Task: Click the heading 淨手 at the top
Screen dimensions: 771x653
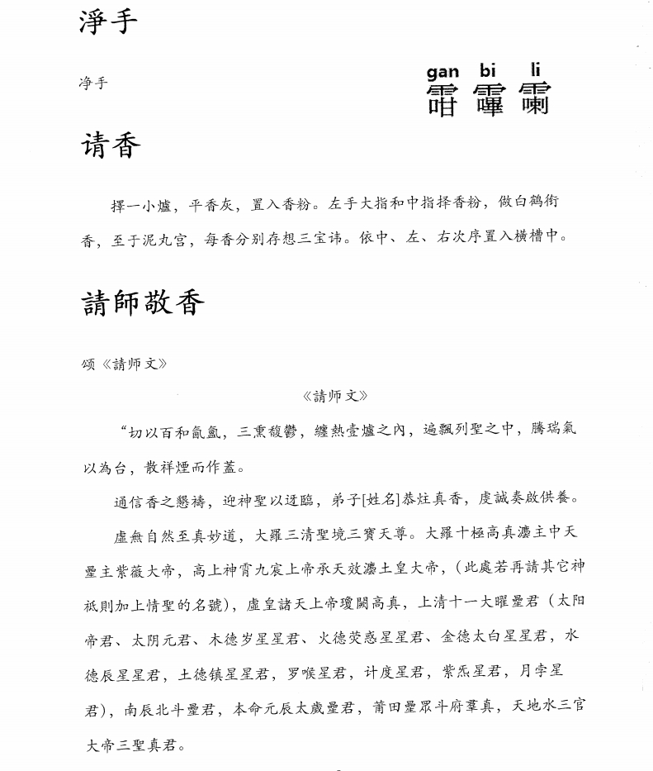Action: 107,22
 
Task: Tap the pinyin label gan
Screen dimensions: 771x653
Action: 442,73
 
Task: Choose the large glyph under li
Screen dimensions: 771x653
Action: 532,99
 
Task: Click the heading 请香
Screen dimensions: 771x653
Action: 111,147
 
